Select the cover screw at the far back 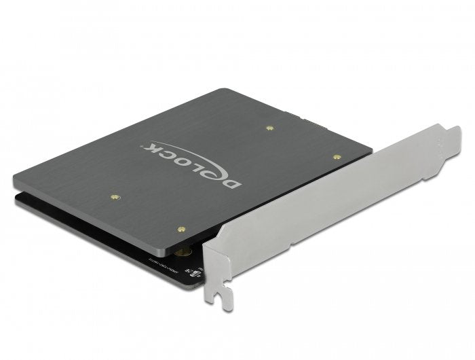pos(270,127)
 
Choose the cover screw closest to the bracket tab pos(337,156)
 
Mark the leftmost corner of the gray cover pos(14,179)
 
